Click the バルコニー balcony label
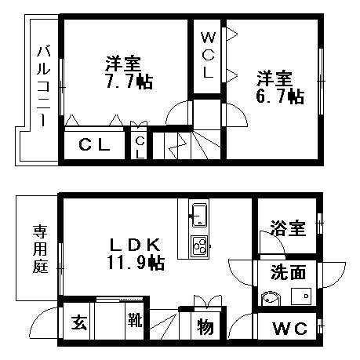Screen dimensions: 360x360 (x=43, y=86)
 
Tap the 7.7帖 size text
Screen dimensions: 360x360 (x=129, y=82)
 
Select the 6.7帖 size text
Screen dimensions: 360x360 (x=280, y=96)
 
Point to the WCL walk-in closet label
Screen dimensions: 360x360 (x=208, y=55)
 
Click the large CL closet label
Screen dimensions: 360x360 (x=94, y=144)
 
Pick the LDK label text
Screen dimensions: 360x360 (x=134, y=245)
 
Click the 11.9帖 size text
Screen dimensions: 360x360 (x=136, y=263)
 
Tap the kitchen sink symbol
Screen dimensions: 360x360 (x=199, y=215)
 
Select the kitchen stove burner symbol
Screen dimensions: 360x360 (x=200, y=246)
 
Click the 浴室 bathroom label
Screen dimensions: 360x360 (x=288, y=228)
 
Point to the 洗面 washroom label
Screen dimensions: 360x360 (x=288, y=272)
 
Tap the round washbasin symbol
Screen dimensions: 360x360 (x=271, y=298)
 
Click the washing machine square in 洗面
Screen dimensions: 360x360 (x=301, y=296)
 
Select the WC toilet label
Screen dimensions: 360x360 (x=289, y=329)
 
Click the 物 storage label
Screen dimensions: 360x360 (x=205, y=327)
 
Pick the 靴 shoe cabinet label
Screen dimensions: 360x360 (x=135, y=319)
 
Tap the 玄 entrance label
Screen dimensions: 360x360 (x=79, y=322)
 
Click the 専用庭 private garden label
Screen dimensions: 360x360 (x=40, y=249)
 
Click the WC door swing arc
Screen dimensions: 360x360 (x=237, y=322)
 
